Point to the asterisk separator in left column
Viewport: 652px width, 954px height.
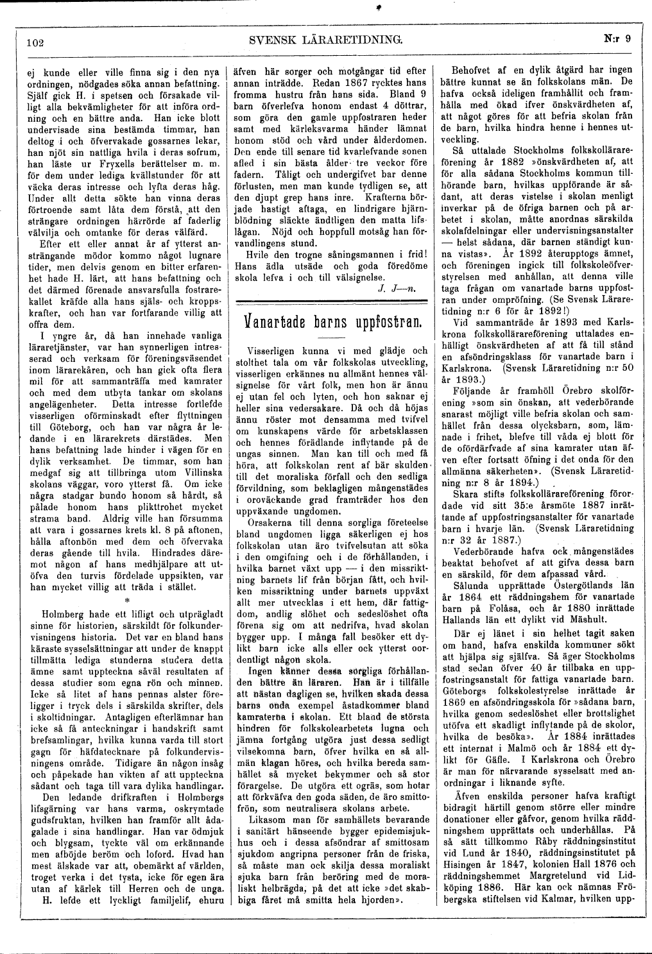click(x=126, y=601)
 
